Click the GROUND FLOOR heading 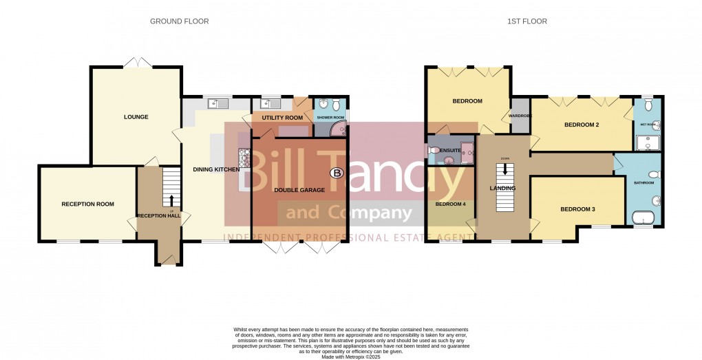(180, 21)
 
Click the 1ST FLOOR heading (527, 21)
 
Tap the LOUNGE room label (136, 117)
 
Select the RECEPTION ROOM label (87, 204)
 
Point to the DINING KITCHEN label (217, 169)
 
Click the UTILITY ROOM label (282, 118)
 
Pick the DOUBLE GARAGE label (300, 189)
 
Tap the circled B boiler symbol (337, 173)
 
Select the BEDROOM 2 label (582, 125)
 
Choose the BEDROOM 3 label (577, 209)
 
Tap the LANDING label (502, 188)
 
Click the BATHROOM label (644, 183)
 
